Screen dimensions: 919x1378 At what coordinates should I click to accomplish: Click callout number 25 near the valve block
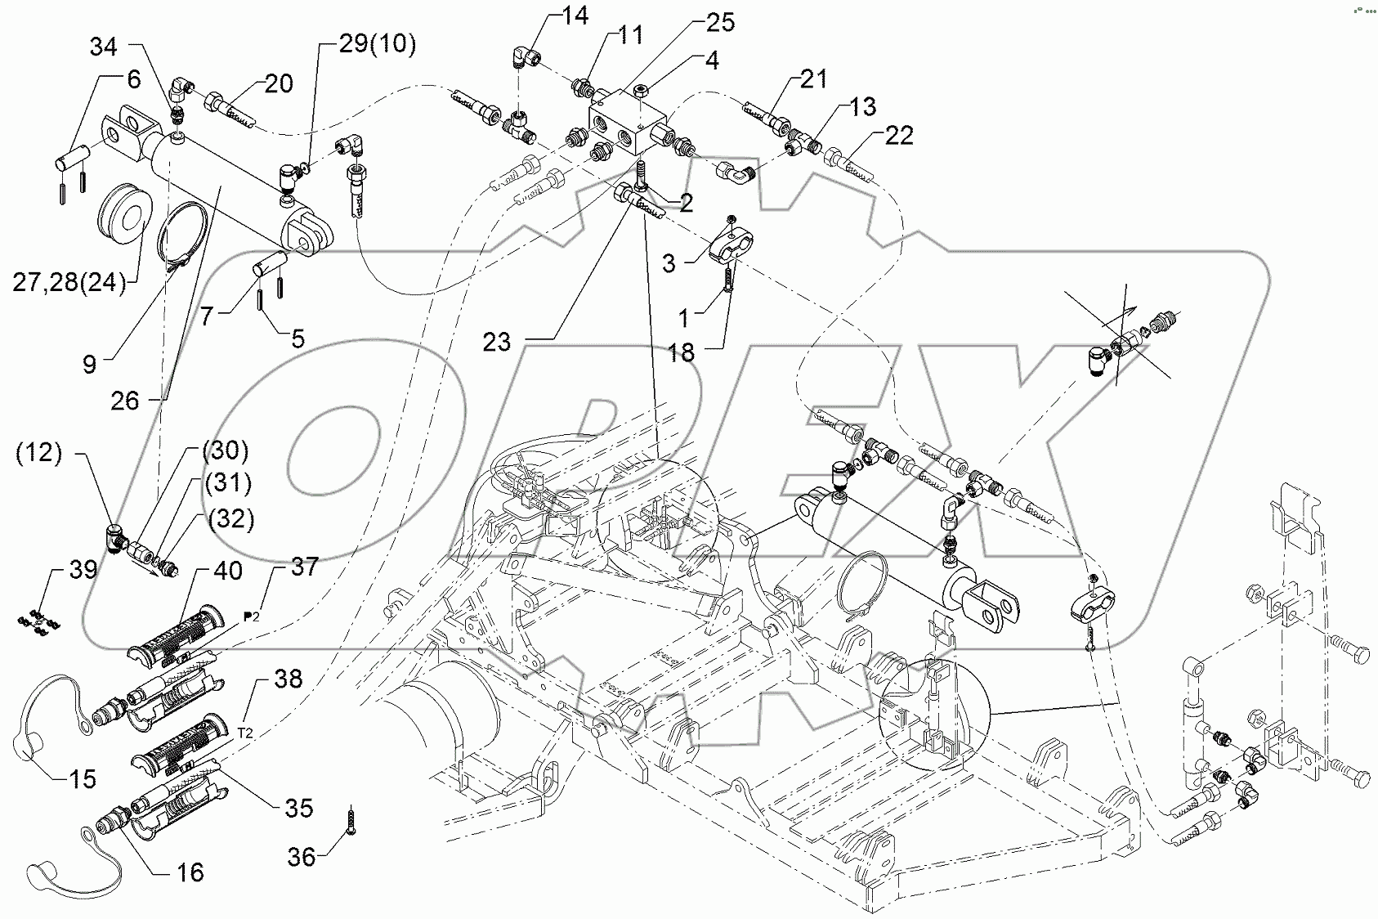pyautogui.click(x=719, y=23)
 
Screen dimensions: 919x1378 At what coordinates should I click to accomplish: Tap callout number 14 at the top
pyautogui.click(x=574, y=16)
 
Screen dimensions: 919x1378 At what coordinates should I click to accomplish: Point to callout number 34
pyautogui.click(x=103, y=47)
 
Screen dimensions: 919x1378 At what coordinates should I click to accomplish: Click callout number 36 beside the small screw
pyautogui.click(x=302, y=858)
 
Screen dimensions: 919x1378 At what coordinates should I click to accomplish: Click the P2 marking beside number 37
pyautogui.click(x=253, y=615)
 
